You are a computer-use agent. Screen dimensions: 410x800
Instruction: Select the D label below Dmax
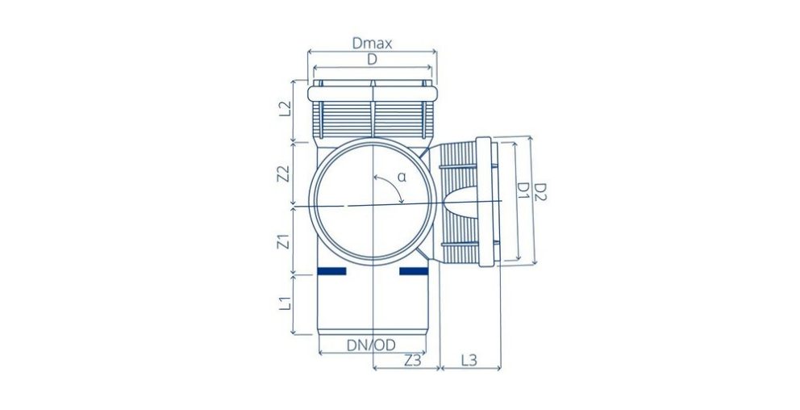372,60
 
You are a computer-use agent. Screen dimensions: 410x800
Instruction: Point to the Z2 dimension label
282,173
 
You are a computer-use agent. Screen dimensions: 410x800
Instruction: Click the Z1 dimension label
282,240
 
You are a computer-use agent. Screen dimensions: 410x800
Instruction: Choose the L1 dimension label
283,304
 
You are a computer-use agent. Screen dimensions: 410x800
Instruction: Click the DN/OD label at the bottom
371,345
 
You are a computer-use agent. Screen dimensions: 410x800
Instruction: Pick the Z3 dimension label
411,360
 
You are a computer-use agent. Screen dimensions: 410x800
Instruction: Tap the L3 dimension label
469,360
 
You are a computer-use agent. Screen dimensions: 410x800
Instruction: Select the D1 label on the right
523,190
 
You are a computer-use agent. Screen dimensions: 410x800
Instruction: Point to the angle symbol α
401,176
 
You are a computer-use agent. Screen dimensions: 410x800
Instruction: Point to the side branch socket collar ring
485,201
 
